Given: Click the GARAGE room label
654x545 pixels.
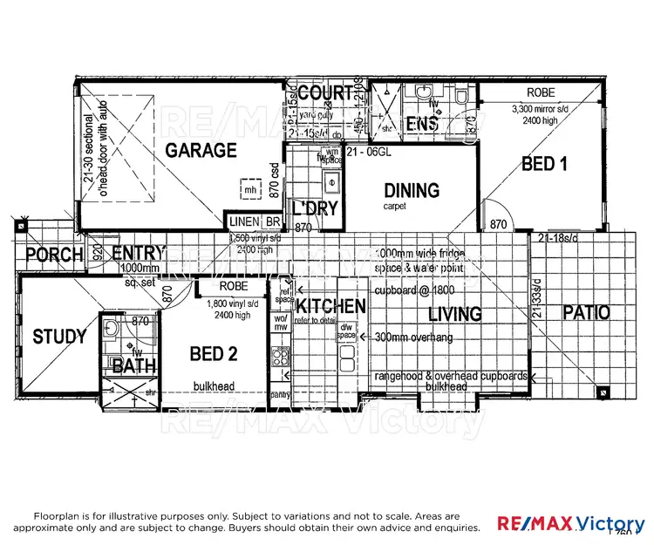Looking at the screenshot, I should (x=201, y=151).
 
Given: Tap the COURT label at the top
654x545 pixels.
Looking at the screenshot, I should (x=324, y=93).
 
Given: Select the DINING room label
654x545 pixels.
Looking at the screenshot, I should (x=412, y=190).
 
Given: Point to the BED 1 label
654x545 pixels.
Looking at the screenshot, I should (x=539, y=163).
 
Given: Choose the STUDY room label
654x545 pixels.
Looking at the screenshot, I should (x=59, y=337).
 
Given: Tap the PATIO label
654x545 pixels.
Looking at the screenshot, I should (x=585, y=312).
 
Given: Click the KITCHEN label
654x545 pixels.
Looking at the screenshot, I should (x=330, y=307).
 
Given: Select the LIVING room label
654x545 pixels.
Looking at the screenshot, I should (x=453, y=314).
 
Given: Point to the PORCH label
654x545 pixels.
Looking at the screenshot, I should (x=54, y=255).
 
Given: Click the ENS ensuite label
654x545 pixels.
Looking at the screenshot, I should (x=422, y=125).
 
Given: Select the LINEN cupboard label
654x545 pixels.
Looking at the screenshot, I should (x=244, y=223).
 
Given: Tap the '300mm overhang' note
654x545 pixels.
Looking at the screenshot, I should (x=412, y=336).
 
